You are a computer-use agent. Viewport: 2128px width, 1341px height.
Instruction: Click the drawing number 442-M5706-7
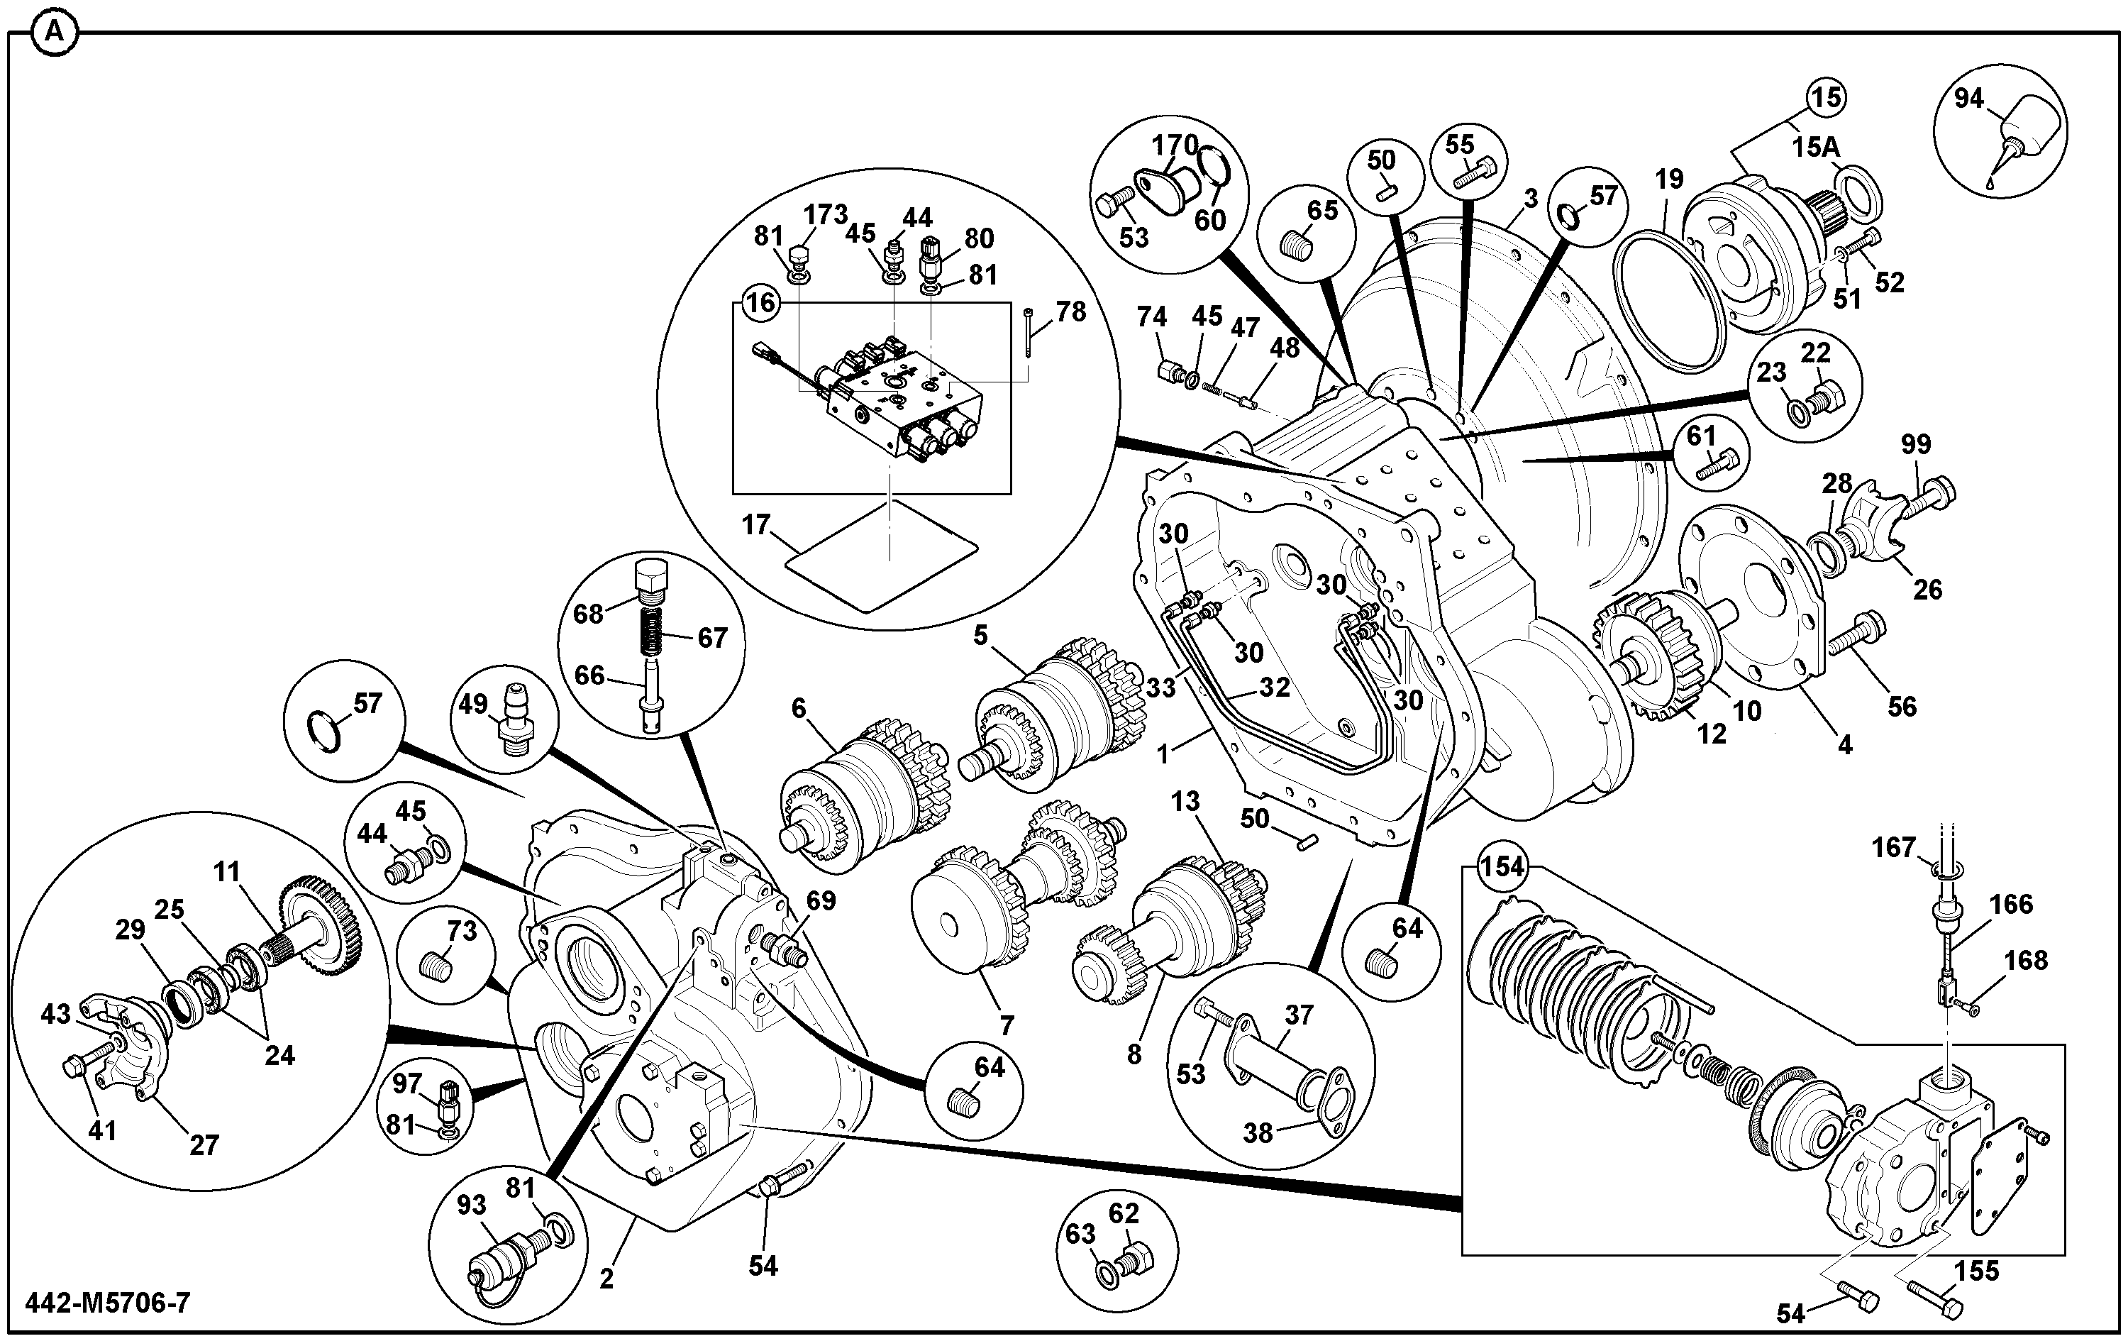coord(108,1302)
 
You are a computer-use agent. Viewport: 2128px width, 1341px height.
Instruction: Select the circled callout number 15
coord(1827,97)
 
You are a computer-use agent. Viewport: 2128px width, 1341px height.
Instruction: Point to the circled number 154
coord(1502,866)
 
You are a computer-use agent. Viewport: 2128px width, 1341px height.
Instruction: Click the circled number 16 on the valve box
coord(760,303)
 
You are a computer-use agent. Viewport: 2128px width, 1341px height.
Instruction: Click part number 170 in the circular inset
coord(1175,145)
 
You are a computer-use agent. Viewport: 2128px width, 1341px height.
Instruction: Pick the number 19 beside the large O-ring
coord(1669,180)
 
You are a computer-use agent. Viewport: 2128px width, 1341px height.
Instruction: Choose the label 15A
coord(1815,148)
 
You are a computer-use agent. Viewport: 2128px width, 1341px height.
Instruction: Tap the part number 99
coord(1916,443)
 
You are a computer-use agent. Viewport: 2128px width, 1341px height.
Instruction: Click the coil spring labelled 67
coord(652,629)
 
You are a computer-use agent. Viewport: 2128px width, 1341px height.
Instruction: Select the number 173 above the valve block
coord(826,214)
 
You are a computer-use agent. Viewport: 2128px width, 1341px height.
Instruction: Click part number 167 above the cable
coord(1894,848)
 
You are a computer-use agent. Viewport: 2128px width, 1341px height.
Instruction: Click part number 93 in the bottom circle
coord(472,1205)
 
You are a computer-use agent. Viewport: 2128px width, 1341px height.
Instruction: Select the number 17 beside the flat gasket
coord(756,525)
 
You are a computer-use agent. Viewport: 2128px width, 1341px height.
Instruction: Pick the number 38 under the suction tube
coord(1258,1132)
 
